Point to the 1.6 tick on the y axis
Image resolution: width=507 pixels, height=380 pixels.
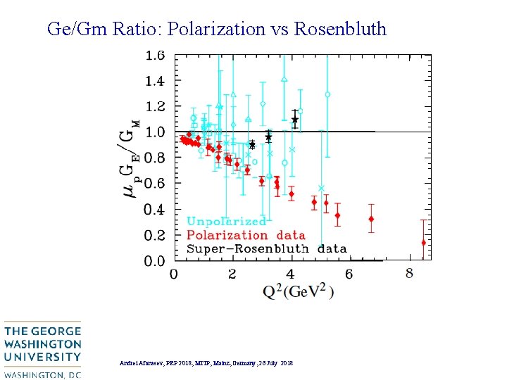point(155,55)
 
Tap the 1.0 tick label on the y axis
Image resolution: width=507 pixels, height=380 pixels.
point(155,132)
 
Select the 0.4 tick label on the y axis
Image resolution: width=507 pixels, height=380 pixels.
point(155,210)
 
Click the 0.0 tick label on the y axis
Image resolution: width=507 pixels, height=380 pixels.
point(155,261)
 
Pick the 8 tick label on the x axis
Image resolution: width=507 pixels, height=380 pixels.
point(409,273)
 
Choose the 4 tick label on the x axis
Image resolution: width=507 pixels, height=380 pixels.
point(291,274)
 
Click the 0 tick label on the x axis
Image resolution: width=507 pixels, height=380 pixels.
point(174,274)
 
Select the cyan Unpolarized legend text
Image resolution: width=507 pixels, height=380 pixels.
point(226,222)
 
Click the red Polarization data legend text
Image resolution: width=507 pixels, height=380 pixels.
point(246,235)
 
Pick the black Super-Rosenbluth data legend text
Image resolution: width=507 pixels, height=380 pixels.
point(266,248)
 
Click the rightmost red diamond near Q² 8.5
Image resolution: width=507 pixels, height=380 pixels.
point(423,243)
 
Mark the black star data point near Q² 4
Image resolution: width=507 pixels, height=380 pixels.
point(295,120)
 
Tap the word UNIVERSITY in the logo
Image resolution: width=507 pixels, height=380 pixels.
point(42,357)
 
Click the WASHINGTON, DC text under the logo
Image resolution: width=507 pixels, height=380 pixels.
point(42,374)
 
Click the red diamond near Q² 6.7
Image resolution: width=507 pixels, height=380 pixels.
point(371,219)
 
